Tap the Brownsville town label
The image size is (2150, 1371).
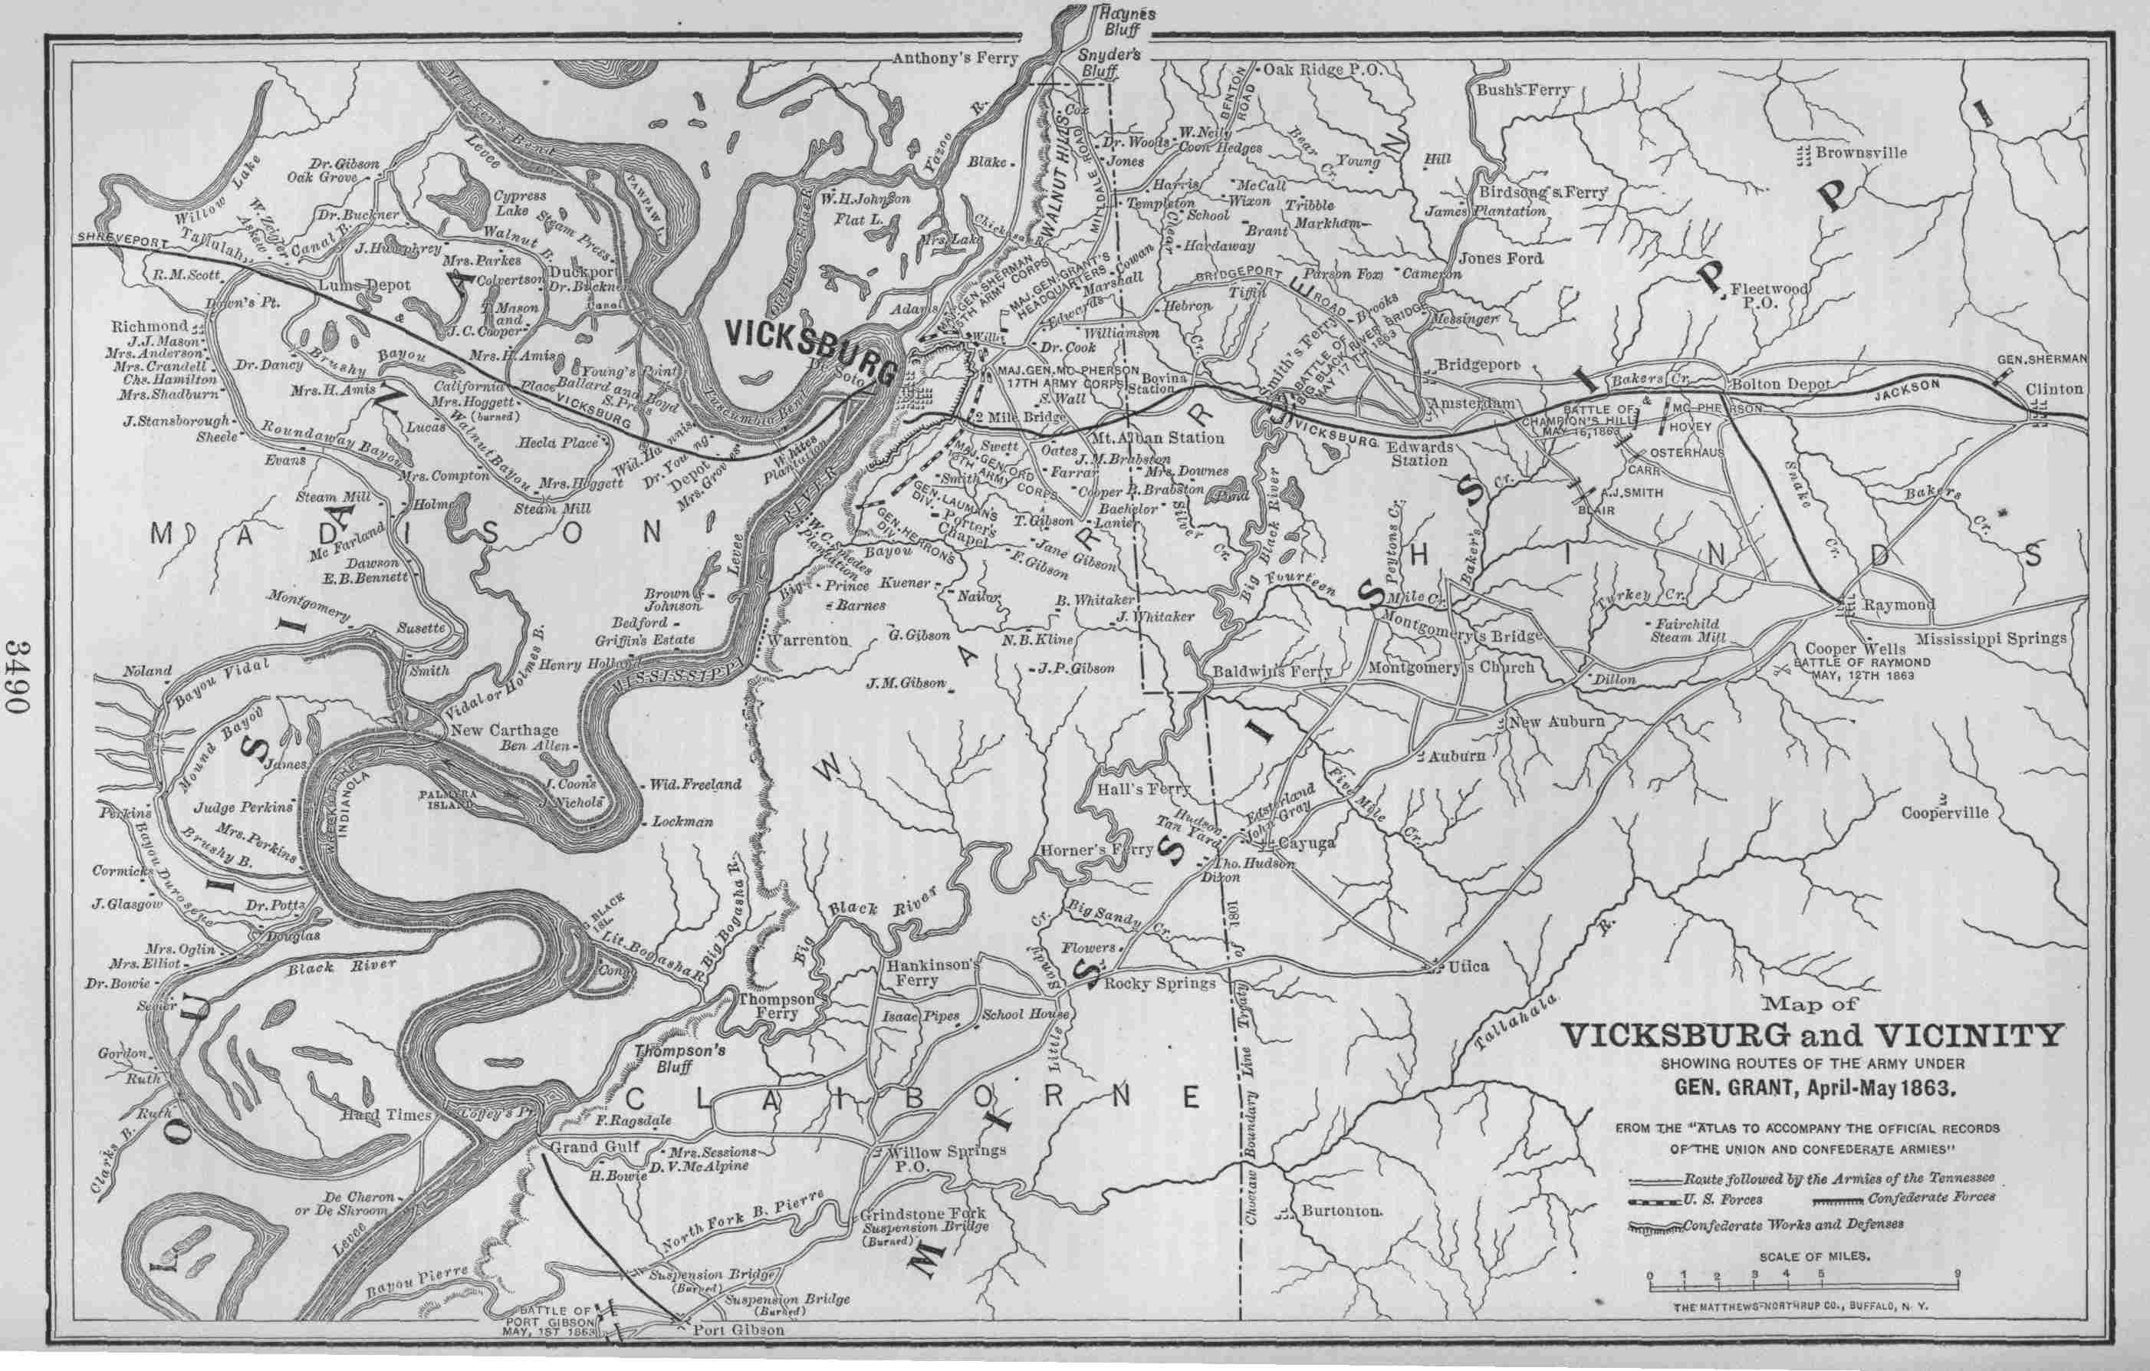click(1861, 153)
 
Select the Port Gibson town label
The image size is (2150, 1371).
click(738, 1354)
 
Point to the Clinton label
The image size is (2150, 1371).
click(2053, 390)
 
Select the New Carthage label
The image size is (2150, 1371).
click(505, 730)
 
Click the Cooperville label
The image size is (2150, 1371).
click(1945, 812)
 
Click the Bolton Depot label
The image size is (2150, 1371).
click(1780, 384)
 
